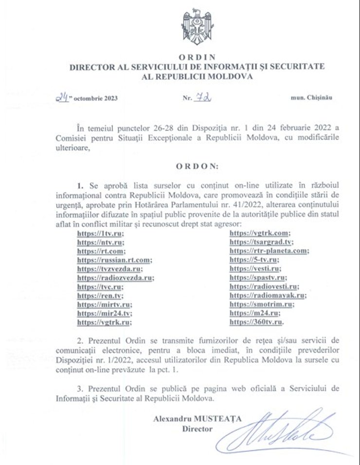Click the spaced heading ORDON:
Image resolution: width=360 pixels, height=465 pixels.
198,165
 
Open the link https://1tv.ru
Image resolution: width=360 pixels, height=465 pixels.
100,234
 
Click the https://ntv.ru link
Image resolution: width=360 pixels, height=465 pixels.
100,243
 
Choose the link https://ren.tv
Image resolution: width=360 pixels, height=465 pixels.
101,295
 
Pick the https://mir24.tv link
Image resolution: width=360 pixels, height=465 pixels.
104,313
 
